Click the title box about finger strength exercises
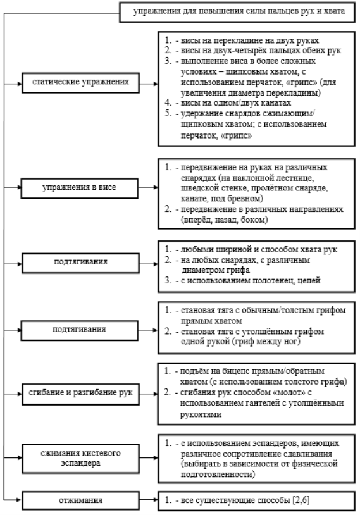237,12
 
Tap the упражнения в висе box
80,188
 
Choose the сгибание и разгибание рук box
80,394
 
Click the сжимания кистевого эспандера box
80,459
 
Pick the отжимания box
80,500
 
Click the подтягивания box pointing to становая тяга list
80,330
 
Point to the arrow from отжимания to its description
149,500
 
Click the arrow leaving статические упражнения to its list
149,84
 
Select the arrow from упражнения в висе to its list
148,187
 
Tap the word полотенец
276,280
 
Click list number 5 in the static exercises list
168,114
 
